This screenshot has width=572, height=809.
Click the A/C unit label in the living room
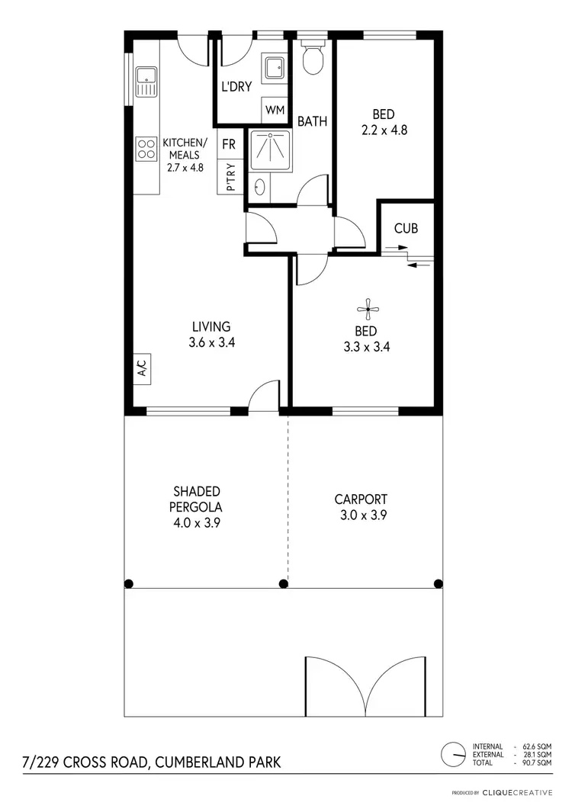coord(141,369)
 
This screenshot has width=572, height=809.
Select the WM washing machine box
coord(275,110)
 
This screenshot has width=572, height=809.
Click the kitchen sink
coord(145,82)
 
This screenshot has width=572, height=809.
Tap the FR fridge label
coord(229,143)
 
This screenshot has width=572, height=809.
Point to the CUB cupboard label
coord(406,228)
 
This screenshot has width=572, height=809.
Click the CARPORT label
coord(361,499)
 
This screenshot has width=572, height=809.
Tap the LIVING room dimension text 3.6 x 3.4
coord(211,343)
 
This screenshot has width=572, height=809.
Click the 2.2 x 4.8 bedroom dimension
coord(384,130)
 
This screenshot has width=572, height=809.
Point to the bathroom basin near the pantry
coord(261,185)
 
